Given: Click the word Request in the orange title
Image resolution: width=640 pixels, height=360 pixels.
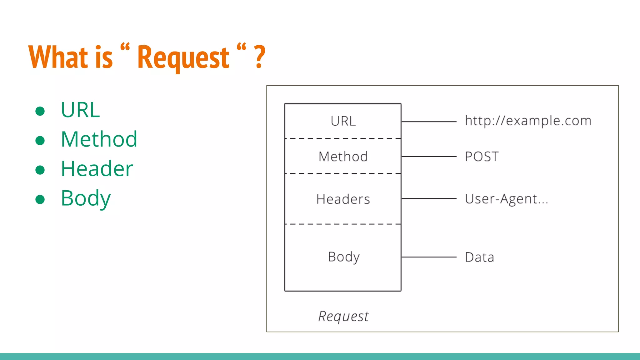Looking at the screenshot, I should click(183, 58).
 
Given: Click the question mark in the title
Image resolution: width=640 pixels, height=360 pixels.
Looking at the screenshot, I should click(259, 57).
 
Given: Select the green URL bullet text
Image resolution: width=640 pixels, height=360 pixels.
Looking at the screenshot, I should click(80, 110).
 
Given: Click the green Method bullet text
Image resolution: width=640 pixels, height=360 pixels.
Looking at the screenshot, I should click(99, 139).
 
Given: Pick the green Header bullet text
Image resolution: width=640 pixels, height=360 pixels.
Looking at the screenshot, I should click(97, 169).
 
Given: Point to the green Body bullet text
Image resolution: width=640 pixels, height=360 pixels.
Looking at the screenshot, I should click(86, 198).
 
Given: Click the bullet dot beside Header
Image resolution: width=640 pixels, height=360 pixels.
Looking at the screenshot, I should click(40, 170).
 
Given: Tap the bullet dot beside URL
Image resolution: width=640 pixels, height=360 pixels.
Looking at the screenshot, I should click(40, 111).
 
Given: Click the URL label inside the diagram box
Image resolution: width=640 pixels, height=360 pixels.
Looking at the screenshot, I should click(343, 121).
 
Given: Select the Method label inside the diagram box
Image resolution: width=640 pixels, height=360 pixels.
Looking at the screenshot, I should click(343, 157).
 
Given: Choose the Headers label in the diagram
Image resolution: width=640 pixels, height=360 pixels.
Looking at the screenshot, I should click(343, 199).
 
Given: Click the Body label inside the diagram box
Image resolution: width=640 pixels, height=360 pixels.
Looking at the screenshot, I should click(343, 257).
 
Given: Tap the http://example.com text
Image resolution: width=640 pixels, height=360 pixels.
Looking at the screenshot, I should click(528, 121).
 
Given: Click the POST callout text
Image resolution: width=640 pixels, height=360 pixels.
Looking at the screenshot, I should click(482, 157).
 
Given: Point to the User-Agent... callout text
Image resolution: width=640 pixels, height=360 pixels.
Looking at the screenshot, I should click(506, 199).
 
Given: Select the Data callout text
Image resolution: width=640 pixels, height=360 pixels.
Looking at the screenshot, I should click(479, 257).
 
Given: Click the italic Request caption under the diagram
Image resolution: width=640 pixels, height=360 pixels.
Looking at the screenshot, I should click(343, 316).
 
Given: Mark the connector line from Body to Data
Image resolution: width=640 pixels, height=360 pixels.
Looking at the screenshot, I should click(429, 257).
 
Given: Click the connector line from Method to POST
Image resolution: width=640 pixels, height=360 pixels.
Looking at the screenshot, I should click(429, 156).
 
